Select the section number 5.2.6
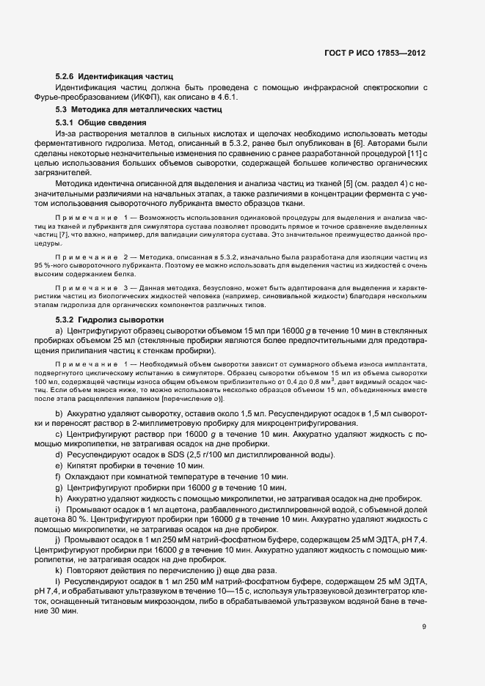click(65, 76)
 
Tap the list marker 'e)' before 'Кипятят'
click(59, 466)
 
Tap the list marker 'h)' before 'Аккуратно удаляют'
click(59, 498)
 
